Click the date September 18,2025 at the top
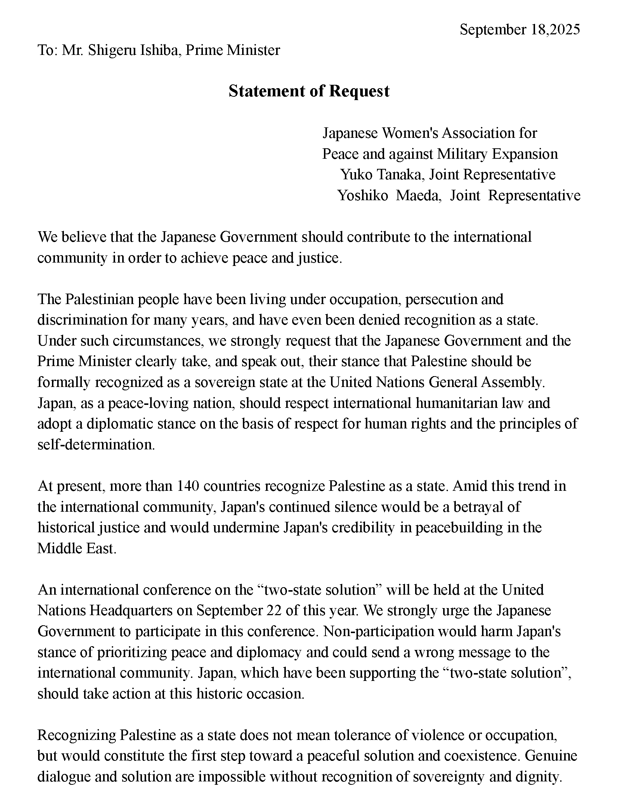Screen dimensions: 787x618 pyautogui.click(x=519, y=30)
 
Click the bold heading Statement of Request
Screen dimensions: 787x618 pyautogui.click(x=309, y=91)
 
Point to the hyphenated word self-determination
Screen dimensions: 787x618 pyautogui.click(x=96, y=444)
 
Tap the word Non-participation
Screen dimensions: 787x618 pyautogui.click(x=378, y=631)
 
